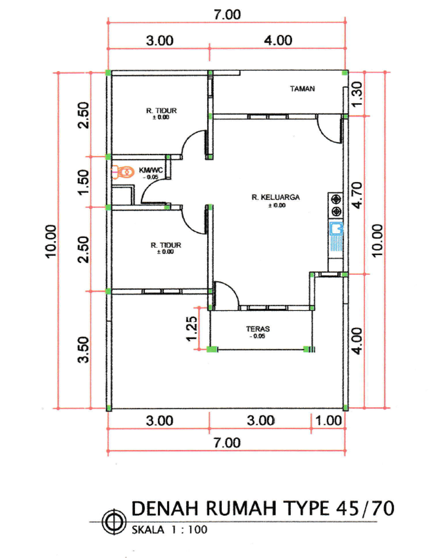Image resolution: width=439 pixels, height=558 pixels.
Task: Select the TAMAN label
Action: (x=302, y=89)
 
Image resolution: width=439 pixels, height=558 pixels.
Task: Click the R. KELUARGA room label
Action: (x=276, y=197)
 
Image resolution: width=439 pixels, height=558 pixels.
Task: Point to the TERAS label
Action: (x=258, y=329)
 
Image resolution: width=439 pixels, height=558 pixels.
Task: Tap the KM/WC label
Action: (x=151, y=170)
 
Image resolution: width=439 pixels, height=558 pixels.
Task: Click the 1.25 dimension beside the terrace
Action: (x=192, y=329)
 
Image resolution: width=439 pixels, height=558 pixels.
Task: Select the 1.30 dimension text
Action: (x=357, y=94)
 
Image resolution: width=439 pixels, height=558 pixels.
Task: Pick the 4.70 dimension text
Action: (x=357, y=195)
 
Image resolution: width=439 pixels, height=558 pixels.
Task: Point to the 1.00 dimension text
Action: (x=328, y=421)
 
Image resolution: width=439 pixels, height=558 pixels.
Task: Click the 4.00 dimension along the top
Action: (x=278, y=41)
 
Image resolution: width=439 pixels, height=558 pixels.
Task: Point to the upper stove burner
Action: (x=336, y=199)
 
